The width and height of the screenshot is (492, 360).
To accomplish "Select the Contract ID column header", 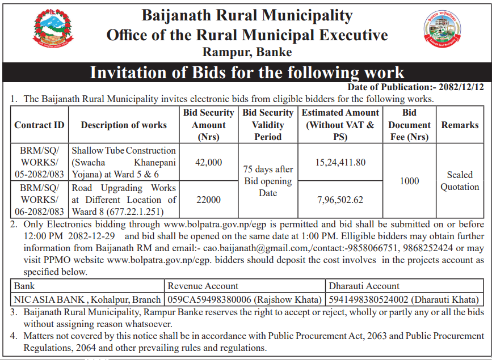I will [39, 125].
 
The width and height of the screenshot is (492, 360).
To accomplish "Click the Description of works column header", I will [124, 125].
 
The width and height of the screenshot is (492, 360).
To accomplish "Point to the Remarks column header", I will [460, 125].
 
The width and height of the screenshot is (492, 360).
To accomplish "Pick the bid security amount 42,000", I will [208, 162].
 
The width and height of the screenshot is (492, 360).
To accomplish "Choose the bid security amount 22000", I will [208, 200].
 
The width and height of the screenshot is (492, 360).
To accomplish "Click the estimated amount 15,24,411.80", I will [340, 162].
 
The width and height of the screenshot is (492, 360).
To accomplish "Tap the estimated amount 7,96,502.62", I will [340, 200].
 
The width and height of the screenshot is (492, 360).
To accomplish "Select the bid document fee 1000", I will [409, 181].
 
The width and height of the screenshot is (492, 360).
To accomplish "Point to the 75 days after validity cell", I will [268, 181].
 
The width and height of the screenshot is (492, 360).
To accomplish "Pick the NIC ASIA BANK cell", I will [88, 299].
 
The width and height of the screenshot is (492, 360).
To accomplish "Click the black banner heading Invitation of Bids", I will [247, 73].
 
